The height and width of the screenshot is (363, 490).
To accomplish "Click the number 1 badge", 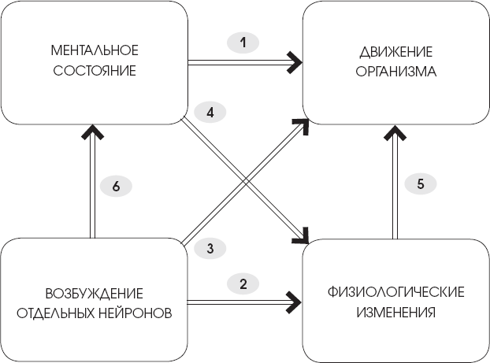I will (x=243, y=42).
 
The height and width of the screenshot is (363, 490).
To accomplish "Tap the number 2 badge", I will (x=243, y=282).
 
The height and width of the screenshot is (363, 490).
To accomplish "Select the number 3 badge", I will (x=209, y=249).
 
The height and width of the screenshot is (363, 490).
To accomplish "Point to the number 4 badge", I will (x=209, y=112).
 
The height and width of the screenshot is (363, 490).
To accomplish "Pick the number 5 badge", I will (x=420, y=184).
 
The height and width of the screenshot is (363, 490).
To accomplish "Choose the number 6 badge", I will (x=116, y=187).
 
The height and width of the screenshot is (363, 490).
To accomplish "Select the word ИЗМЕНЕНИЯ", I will (x=396, y=311).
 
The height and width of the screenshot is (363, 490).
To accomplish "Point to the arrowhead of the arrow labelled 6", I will (x=93, y=128).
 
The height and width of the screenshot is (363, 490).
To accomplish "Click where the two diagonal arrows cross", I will (x=243, y=180).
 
